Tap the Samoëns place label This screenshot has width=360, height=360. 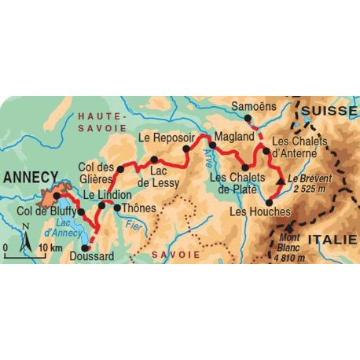(252, 107)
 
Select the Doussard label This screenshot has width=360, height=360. (91, 255)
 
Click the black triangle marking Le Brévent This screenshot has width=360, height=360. (280, 183)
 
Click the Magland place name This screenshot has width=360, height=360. (232, 137)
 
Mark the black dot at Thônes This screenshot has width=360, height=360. (118, 208)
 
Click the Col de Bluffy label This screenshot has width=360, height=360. (46, 211)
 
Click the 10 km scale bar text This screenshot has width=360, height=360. (50, 248)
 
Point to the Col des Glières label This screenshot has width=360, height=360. (97, 171)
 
